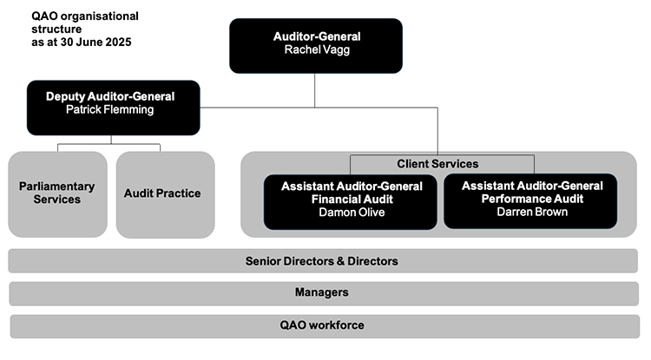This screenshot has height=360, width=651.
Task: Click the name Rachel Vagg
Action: click(316, 50)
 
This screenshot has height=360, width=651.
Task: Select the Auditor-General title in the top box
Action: click(316, 36)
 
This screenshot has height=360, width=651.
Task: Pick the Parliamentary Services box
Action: click(56, 193)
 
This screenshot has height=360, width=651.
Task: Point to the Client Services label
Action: click(437, 163)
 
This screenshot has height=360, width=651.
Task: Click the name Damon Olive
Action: click(352, 212)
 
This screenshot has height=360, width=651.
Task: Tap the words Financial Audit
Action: click(352, 199)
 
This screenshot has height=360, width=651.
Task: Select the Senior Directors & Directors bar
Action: click(322, 260)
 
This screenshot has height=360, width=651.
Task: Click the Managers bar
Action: click(322, 292)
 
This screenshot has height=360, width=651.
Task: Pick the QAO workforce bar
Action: click(322, 325)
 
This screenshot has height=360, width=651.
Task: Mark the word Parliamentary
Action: click(56, 186)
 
